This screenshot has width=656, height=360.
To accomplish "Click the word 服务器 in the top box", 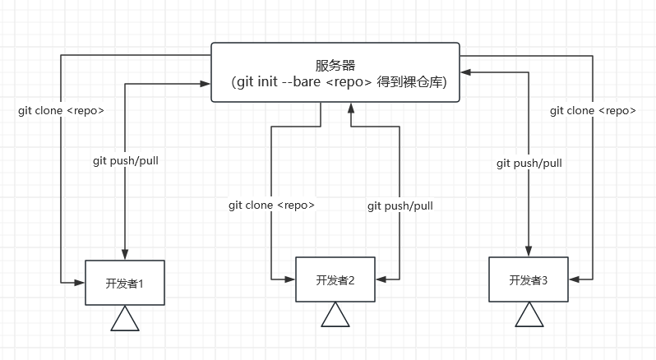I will point(335,66).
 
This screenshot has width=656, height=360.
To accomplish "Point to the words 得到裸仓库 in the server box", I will point(412,83).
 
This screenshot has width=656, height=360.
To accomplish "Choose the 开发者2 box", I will point(335,279).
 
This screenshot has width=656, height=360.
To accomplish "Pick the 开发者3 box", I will point(528,279).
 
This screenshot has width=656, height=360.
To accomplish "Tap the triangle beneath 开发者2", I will point(335,316).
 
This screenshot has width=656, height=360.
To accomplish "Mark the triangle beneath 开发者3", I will point(528,316).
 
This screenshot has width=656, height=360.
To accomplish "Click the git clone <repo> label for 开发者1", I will point(61,110).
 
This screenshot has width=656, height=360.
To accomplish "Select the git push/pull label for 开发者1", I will point(125,161).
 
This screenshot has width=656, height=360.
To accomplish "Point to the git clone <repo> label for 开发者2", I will point(271,205).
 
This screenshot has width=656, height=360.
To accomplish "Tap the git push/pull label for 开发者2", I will point(400,205).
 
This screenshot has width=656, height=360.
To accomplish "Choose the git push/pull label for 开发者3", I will point(529,163).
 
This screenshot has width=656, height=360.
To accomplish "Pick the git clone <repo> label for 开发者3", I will point(592,110).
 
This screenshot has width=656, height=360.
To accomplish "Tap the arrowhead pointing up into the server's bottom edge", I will point(351,108).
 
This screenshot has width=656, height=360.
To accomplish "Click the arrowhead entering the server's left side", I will point(206,83).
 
